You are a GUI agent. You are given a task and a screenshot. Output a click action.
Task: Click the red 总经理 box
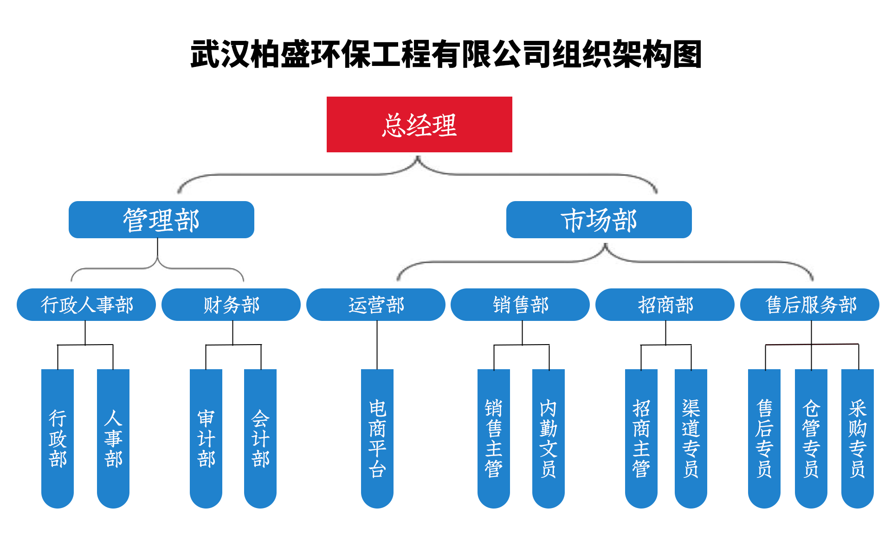pyautogui.click(x=419, y=124)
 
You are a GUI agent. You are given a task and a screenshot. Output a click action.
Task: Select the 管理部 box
pyautogui.click(x=161, y=220)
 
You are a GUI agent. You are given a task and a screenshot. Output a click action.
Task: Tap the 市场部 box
pyautogui.click(x=599, y=220)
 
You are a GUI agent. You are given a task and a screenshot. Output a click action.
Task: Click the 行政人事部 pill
pyautogui.click(x=86, y=305)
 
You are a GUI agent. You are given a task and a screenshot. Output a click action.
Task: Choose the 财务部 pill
pyautogui.click(x=231, y=305)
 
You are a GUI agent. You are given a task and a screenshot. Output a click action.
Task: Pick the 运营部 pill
pyautogui.click(x=376, y=305)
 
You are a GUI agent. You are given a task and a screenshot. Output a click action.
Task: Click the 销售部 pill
pyautogui.click(x=520, y=305)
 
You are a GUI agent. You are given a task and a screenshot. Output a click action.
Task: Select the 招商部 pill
pyautogui.click(x=665, y=305)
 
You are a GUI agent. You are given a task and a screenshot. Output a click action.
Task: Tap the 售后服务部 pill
pyautogui.click(x=810, y=305)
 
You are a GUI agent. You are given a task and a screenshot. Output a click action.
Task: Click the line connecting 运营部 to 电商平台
pyautogui.click(x=377, y=345)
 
